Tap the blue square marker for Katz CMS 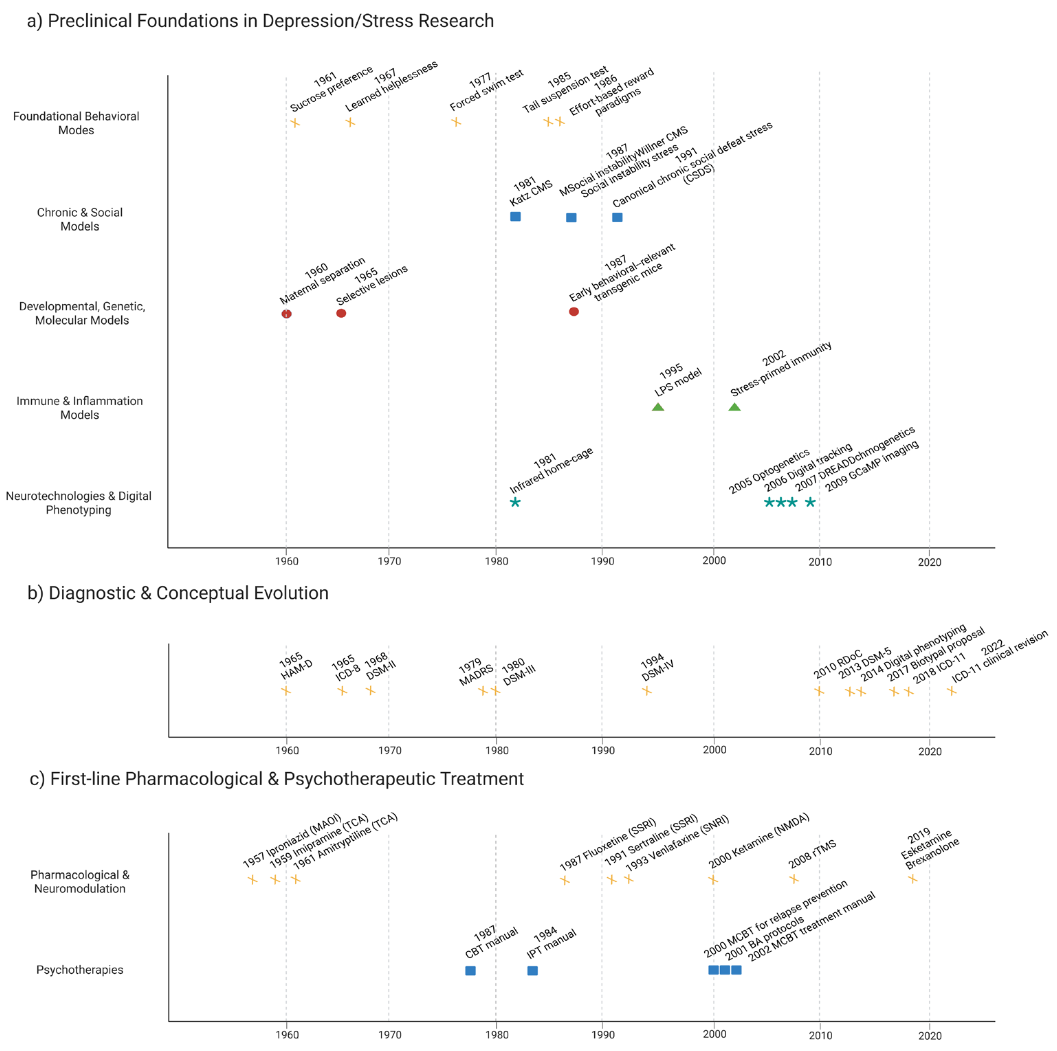tap(515, 217)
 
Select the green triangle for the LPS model tap(658, 407)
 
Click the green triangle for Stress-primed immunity tap(734, 407)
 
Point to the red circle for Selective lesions tap(341, 313)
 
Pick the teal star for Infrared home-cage tap(515, 502)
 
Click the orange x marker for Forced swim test tap(456, 122)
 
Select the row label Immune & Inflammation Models tap(79, 408)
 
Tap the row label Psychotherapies tap(79, 970)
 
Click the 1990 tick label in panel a tap(602, 561)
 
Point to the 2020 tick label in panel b tap(929, 751)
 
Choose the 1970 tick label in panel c tap(389, 1035)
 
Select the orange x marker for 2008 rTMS tap(794, 879)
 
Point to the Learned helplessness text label tap(391, 86)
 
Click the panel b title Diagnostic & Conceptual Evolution tap(178, 593)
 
